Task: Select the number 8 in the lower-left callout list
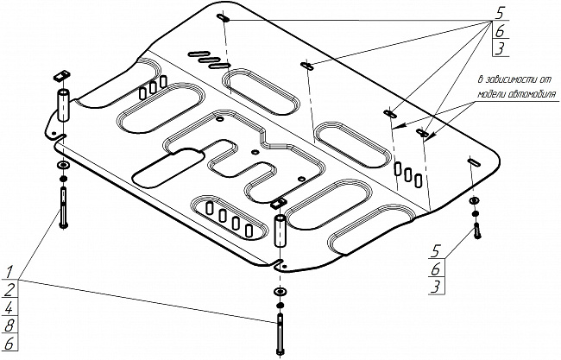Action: point(8,325)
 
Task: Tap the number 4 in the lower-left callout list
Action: point(8,307)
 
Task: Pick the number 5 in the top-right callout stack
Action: point(500,13)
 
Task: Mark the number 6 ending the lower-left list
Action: point(8,344)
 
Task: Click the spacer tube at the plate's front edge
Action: point(280,232)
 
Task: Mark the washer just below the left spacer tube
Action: point(63,164)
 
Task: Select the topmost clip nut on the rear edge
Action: point(223,17)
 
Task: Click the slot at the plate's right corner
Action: point(474,160)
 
